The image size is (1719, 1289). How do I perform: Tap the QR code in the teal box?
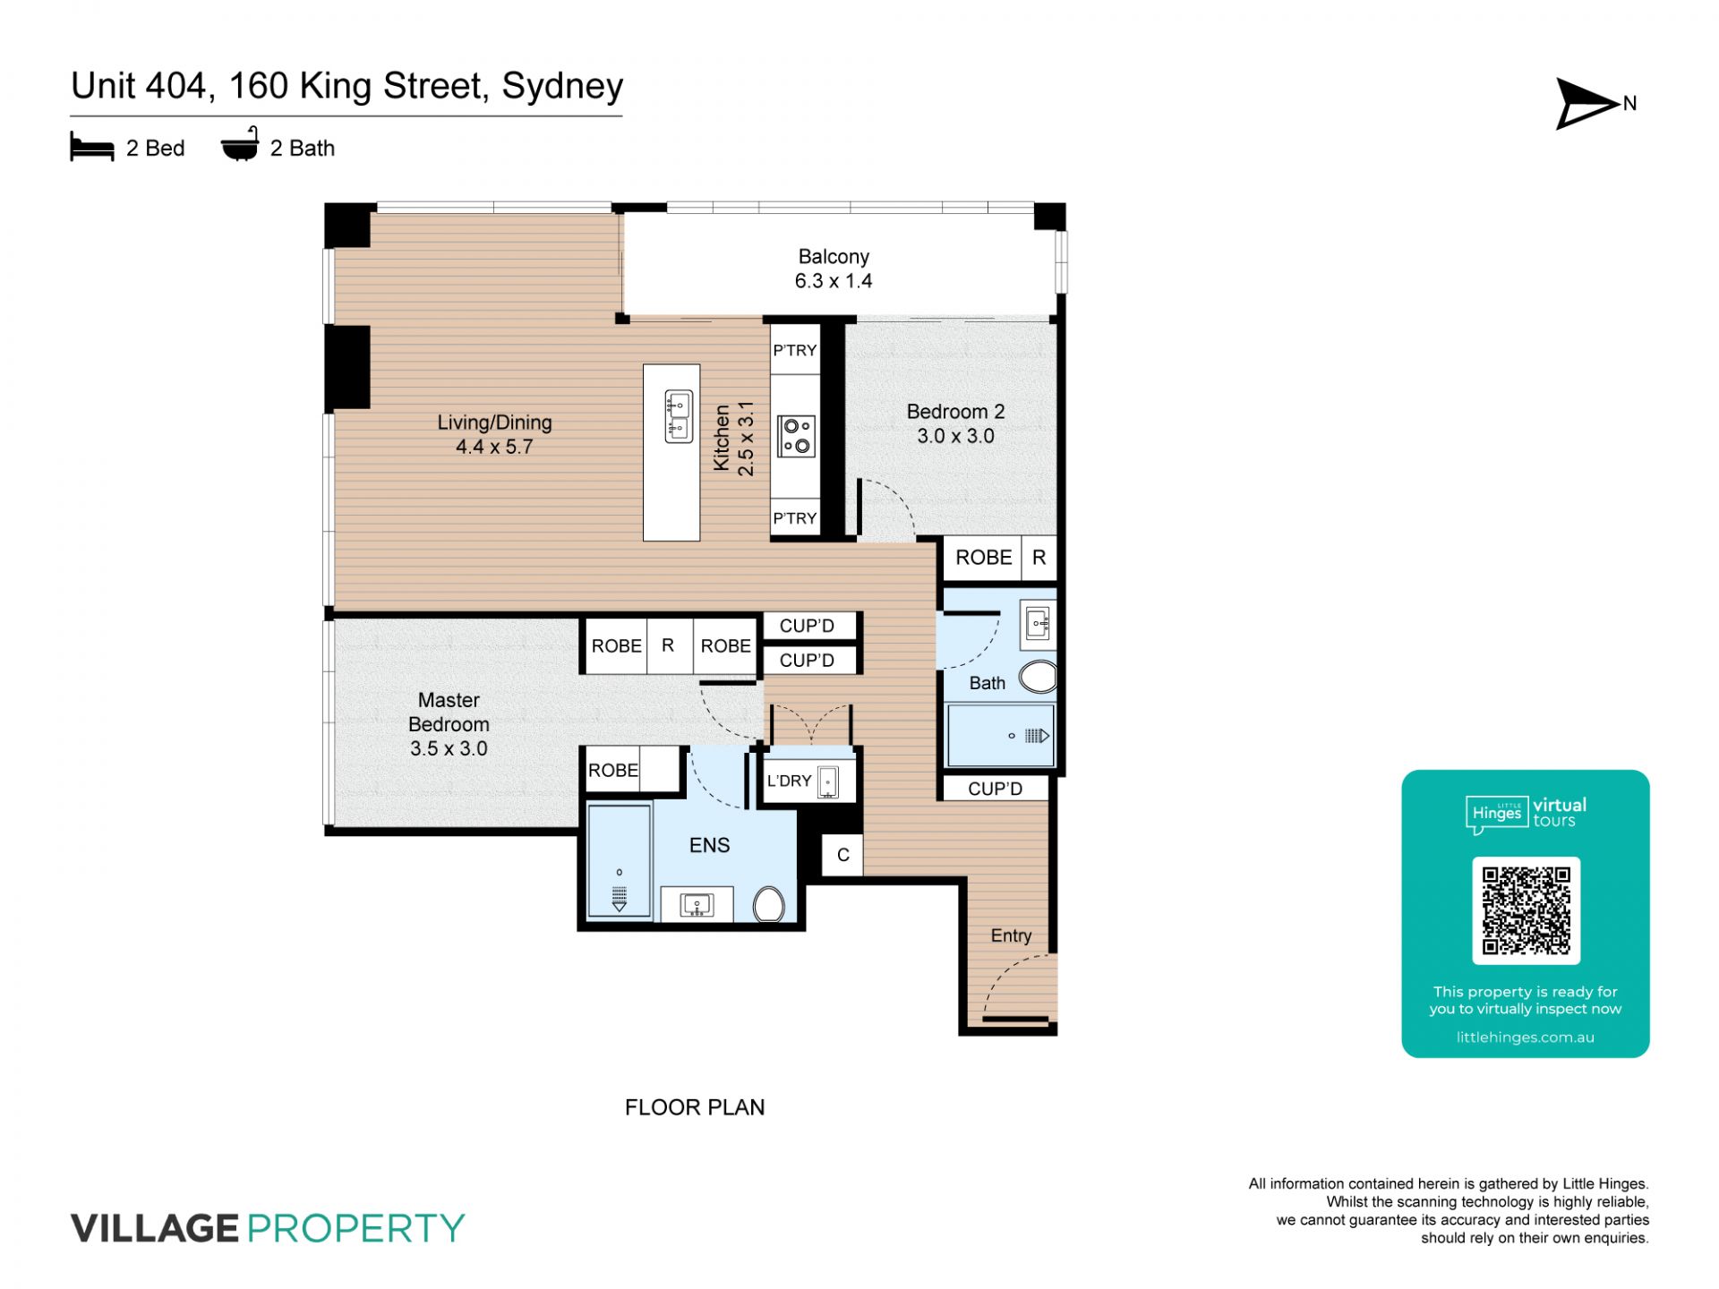point(1526,910)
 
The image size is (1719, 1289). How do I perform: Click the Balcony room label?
point(834,257)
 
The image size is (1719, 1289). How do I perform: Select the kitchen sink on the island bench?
point(678,416)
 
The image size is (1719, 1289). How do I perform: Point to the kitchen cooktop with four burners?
point(796,436)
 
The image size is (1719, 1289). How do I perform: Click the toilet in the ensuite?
point(769,904)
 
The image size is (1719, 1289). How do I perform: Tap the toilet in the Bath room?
point(1038,677)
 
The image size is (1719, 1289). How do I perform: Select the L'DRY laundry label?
point(789,781)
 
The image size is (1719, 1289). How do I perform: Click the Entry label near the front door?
point(1011,936)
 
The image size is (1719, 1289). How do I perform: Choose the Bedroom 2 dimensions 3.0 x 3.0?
point(955,436)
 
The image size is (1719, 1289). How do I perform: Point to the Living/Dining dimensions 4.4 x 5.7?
point(494,447)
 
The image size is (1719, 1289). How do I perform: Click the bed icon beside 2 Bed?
point(92,148)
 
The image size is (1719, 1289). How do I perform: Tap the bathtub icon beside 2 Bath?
point(240,145)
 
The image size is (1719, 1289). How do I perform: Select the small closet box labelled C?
point(842,855)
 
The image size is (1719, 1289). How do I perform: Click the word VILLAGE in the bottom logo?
point(155,1228)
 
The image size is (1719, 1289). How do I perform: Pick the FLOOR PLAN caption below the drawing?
point(695,1107)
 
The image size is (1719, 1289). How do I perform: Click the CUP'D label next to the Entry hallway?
point(995,789)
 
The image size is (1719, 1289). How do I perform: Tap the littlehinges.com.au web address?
point(1526,1037)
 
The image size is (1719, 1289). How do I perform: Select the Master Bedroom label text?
point(449,712)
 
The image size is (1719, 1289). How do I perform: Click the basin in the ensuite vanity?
point(697,905)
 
